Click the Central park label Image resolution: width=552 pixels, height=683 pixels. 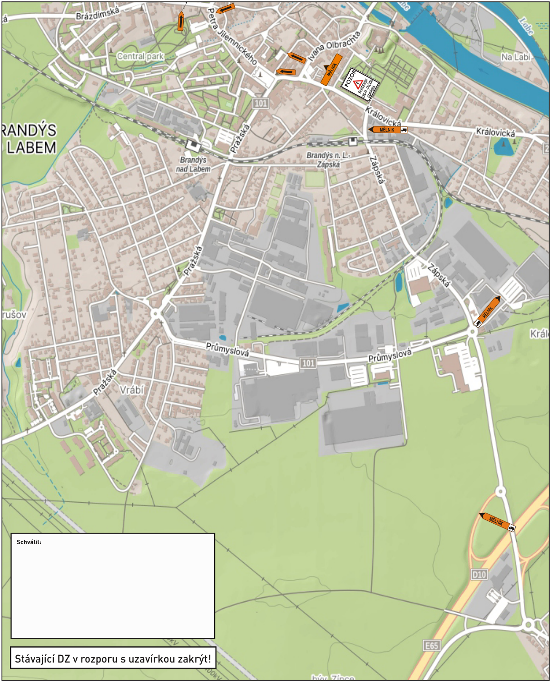pos(140,56)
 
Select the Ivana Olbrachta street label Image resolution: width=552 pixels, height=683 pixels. pos(334,46)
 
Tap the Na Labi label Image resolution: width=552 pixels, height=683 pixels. pos(516,57)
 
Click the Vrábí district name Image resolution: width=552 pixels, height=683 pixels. pos(131,390)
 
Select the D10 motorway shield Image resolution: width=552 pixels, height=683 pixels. pos(479,575)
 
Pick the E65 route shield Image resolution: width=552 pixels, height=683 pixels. pos(432,645)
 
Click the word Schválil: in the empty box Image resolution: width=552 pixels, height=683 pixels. pos(29,542)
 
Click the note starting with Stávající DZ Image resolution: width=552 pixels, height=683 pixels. pos(113,659)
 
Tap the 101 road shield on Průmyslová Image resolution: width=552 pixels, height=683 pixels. pos(308,363)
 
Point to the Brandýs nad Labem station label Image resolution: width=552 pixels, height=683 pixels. pos(193,164)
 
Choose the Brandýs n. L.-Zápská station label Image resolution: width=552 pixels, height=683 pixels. pos(328,159)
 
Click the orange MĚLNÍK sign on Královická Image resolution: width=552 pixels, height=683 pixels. pos(388,129)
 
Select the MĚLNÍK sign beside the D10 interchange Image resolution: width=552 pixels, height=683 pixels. pos(497,522)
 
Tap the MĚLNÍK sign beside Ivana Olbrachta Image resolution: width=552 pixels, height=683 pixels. pos(331,69)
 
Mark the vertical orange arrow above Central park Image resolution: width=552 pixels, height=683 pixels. pos(181,21)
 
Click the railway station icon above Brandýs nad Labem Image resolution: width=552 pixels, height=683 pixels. pos(193,145)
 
